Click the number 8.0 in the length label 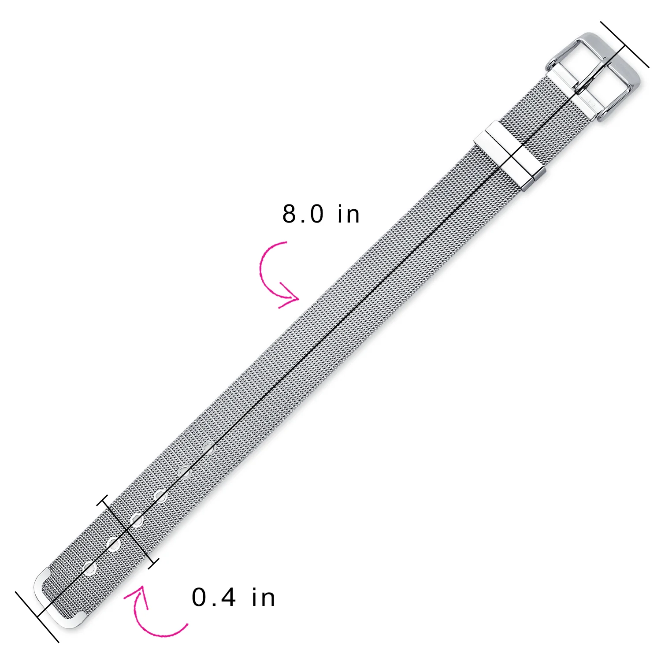303,214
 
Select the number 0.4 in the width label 214,598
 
